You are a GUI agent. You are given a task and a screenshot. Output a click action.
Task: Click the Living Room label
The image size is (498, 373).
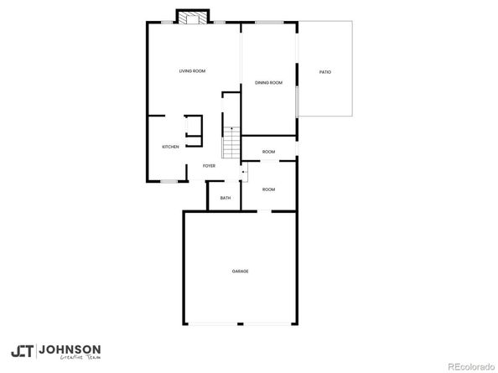(x=192, y=71)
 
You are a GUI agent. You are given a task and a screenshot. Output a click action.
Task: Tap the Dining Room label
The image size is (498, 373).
(x=268, y=82)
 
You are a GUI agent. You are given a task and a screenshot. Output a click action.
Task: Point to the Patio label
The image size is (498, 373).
(x=324, y=72)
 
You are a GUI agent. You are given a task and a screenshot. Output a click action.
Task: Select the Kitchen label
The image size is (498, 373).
(x=170, y=147)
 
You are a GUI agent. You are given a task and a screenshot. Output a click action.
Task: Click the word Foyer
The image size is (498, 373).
(x=209, y=166)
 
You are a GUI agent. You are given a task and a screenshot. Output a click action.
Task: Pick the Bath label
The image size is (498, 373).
(x=226, y=198)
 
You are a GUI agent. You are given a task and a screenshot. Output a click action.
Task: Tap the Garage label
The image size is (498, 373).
(x=241, y=271)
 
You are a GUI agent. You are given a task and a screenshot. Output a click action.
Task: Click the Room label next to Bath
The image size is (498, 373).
(x=268, y=189)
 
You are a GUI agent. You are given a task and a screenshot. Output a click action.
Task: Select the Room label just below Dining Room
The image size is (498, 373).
(x=268, y=152)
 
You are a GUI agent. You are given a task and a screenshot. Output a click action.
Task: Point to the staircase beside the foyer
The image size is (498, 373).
(x=231, y=142)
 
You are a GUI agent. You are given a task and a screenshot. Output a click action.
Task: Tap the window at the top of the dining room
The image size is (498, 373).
(x=268, y=23)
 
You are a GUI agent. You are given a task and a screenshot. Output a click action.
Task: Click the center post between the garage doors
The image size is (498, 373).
(x=241, y=324)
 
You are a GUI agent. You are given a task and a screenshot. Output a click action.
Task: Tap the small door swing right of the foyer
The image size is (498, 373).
(x=244, y=173)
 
